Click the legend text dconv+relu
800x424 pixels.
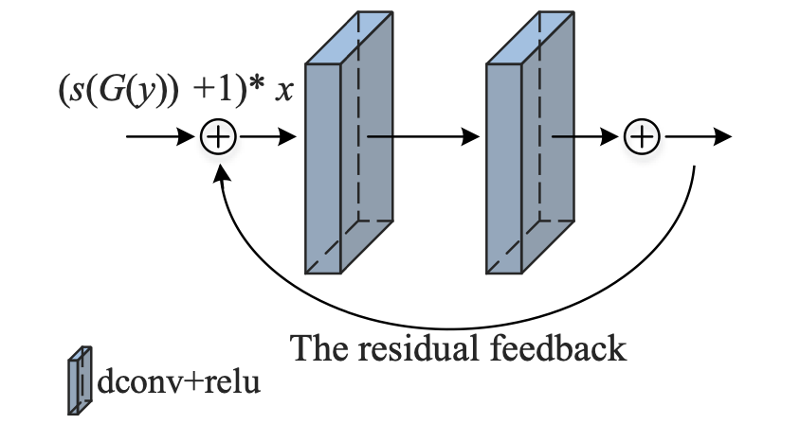(x=177, y=383)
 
